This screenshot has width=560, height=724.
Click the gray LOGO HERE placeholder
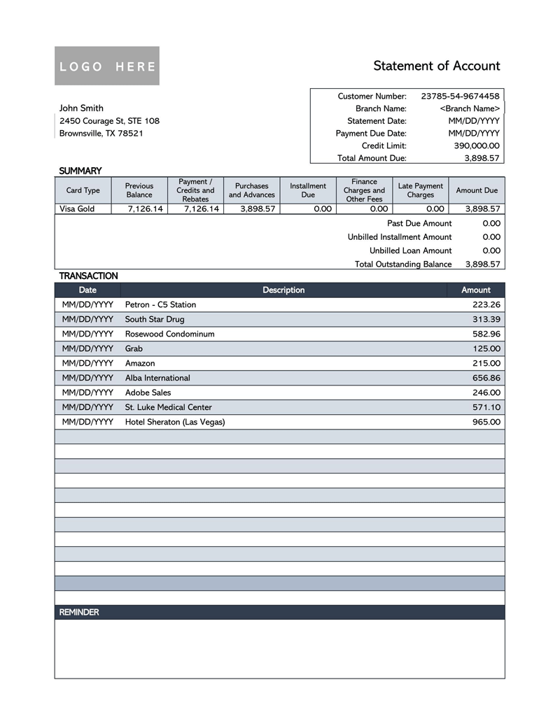pos(107,66)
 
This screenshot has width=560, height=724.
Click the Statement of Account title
pos(436,66)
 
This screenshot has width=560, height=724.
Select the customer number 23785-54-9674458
pos(460,96)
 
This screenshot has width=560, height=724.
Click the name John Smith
pos(81,108)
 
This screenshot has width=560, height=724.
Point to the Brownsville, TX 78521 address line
pos(101,133)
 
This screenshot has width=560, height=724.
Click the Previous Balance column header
pos(139,190)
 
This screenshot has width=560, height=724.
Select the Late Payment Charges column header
pos(420,190)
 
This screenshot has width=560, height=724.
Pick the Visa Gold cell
pos(77,208)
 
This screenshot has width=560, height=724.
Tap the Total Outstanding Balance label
pos(403,264)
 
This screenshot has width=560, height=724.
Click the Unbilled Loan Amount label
pos(410,250)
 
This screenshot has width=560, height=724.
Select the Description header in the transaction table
pos(283,290)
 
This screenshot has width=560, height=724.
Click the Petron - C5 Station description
pos(160,304)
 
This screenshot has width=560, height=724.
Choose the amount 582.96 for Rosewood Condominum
pos(486,334)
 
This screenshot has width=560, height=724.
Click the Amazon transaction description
pos(140,363)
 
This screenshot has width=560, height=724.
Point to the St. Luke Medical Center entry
pos(168,407)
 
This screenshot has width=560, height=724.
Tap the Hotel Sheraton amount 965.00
pos(486,422)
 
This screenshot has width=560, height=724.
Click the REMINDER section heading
pos(79,612)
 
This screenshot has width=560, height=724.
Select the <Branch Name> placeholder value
pos(470,108)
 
